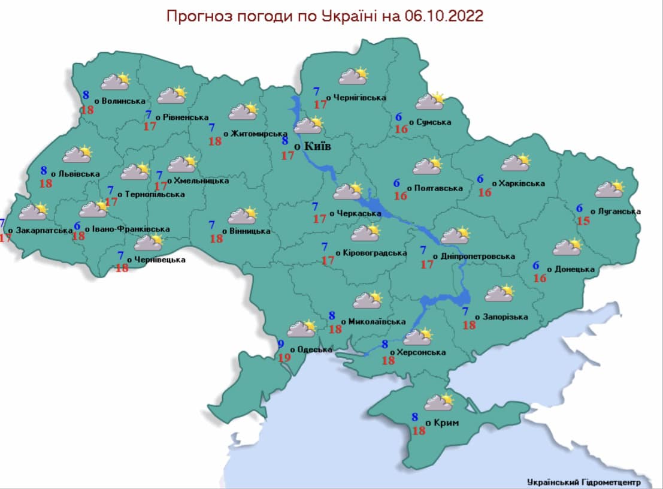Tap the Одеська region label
coord(311,349)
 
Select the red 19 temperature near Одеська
coord(286,357)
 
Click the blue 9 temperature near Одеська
coord(281,345)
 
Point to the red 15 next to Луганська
coord(583,221)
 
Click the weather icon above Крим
coord(440,402)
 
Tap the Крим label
coord(444,423)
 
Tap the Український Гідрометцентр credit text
coord(583,481)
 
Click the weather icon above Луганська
coord(610,189)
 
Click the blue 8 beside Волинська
coord(86,95)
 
